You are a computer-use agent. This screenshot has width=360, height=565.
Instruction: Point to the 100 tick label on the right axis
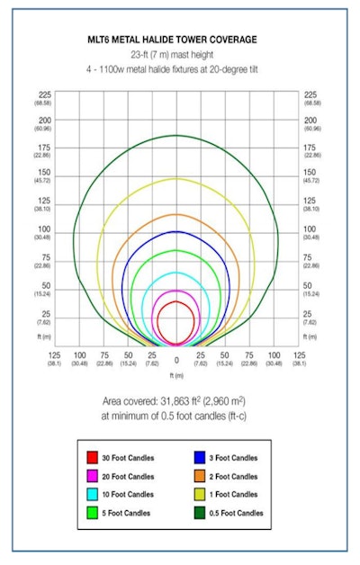(310, 231)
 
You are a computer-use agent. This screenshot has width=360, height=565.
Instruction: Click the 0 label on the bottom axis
(176, 358)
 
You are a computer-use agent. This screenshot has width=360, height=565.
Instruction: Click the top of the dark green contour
(176, 136)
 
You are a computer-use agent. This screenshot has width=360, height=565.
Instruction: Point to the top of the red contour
(176, 301)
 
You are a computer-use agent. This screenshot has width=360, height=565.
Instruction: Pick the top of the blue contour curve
(176, 231)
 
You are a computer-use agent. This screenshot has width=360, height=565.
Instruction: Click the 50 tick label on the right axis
(310, 286)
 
